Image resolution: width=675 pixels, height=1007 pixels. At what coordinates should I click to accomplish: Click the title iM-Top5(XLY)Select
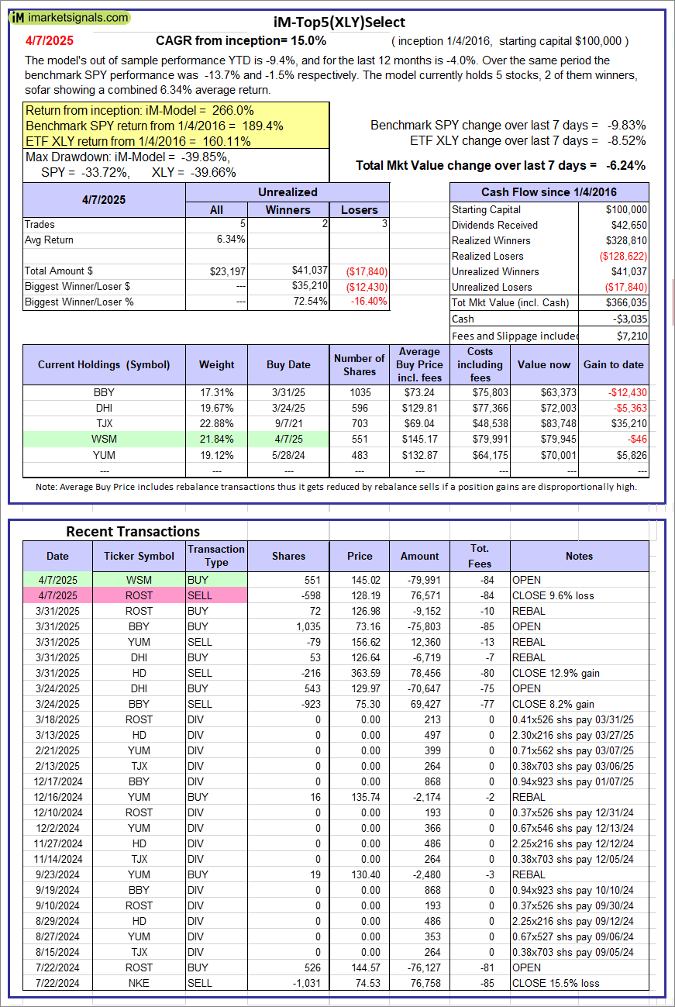coord(339,22)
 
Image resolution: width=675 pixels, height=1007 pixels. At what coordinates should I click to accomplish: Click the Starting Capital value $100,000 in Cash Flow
coord(627,209)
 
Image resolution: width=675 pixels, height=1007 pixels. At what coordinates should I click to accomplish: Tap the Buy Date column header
coord(288,364)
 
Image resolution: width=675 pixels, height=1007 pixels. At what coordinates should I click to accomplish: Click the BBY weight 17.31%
coord(216,392)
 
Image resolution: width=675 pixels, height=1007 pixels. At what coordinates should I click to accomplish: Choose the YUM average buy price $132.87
coord(419,454)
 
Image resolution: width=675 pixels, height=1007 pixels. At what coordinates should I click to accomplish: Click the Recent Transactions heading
coord(133,531)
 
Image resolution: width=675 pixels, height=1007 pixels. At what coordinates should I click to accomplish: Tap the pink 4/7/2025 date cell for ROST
coord(57,595)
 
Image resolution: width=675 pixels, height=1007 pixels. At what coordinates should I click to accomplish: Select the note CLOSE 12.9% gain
coord(556,673)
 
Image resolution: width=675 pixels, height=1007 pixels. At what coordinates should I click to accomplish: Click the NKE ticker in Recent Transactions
coord(139,983)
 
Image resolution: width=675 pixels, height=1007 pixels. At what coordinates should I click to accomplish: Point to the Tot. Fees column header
coord(480,556)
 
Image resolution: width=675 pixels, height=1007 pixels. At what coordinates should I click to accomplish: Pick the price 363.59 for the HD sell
coord(359,673)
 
